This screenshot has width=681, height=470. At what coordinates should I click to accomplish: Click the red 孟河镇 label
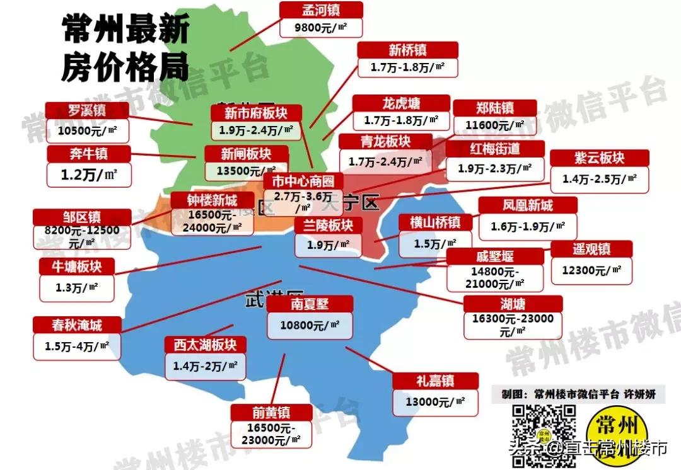click(322, 9)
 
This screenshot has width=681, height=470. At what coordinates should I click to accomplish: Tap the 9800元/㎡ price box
click(322, 28)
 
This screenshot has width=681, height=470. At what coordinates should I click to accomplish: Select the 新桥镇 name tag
click(407, 50)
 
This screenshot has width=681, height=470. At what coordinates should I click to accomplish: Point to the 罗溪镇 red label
click(87, 110)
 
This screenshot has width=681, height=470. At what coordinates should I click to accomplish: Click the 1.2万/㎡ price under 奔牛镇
click(89, 175)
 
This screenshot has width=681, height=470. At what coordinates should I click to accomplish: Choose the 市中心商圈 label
click(303, 181)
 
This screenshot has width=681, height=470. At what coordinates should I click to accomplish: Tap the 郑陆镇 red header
click(495, 108)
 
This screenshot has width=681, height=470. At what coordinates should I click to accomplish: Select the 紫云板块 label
click(599, 158)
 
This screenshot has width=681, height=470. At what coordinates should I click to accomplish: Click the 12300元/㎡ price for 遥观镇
click(591, 270)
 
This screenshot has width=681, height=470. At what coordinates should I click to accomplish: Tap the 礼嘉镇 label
click(434, 381)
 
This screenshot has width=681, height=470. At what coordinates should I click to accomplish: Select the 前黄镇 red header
click(271, 413)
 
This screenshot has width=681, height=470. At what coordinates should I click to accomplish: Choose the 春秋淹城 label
click(76, 325)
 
